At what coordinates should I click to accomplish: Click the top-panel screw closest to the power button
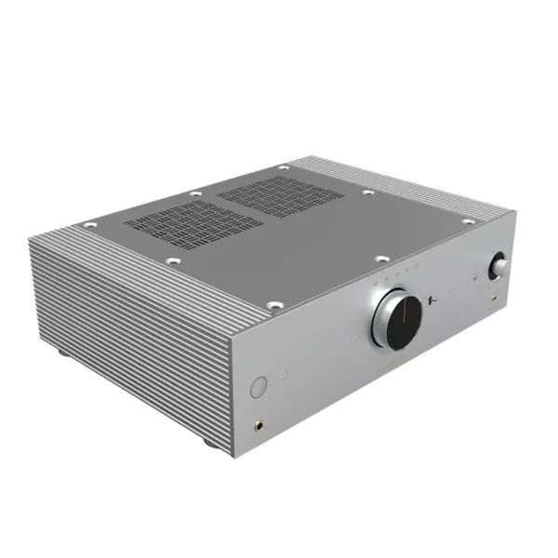click(272, 304)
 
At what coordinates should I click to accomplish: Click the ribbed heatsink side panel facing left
click(121, 325)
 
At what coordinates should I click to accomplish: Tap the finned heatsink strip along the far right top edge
click(428, 196)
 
